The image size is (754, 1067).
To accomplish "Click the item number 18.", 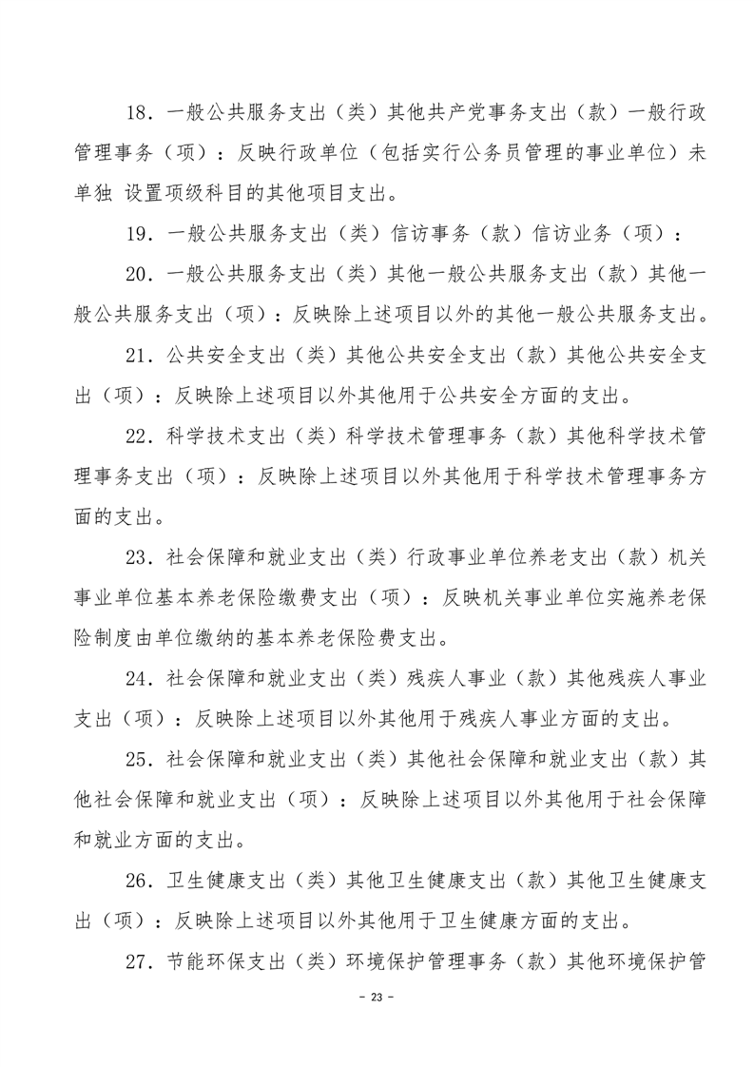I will point(139,113).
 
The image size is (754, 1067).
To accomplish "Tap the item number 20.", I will point(139,274).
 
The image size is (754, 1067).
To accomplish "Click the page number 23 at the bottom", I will point(377,998).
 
